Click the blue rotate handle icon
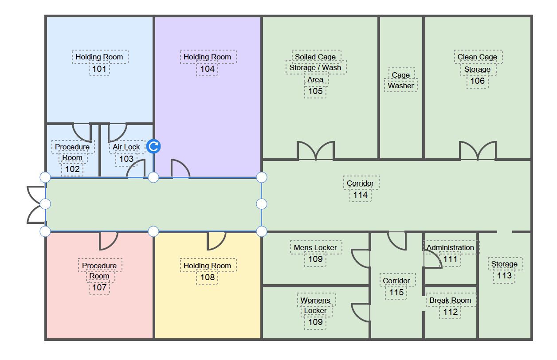[x=153, y=146]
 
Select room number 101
[x=99, y=69]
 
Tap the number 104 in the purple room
[x=207, y=69]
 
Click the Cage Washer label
[x=400, y=80]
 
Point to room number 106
[x=478, y=81]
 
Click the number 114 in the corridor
[x=360, y=195]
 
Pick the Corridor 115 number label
[x=396, y=292]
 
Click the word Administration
[x=450, y=247]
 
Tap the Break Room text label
[x=450, y=300]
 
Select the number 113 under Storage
[x=504, y=275]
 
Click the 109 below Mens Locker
[x=315, y=259]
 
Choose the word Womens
[x=315, y=300]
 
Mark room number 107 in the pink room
[x=99, y=288]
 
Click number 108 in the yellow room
[x=207, y=278]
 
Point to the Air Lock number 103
[x=126, y=159]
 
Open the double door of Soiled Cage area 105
[x=315, y=152]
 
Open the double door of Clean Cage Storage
[x=478, y=152]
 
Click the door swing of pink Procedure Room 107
[x=107, y=240]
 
